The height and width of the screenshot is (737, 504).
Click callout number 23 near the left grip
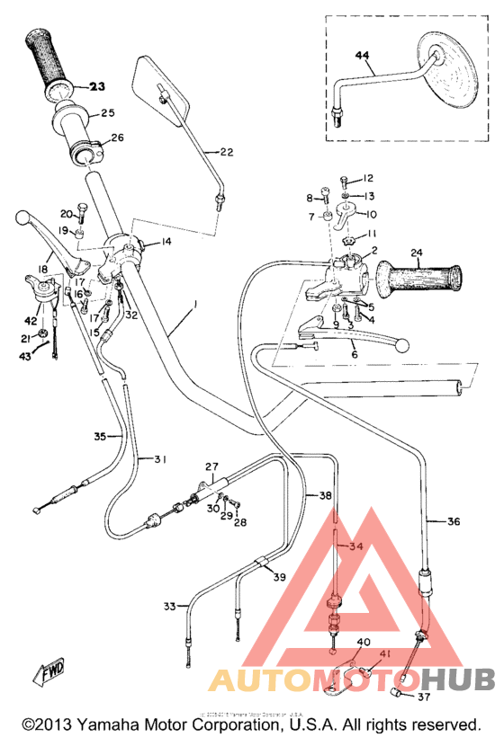(96, 87)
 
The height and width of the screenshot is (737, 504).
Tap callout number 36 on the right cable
(453, 521)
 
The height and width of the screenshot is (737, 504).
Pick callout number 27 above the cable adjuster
(211, 466)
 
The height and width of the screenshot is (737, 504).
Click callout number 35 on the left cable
(102, 436)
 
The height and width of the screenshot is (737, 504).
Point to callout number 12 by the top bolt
(367, 179)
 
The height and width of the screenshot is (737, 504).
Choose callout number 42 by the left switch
(31, 320)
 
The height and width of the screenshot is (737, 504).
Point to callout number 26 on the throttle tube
(117, 138)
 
